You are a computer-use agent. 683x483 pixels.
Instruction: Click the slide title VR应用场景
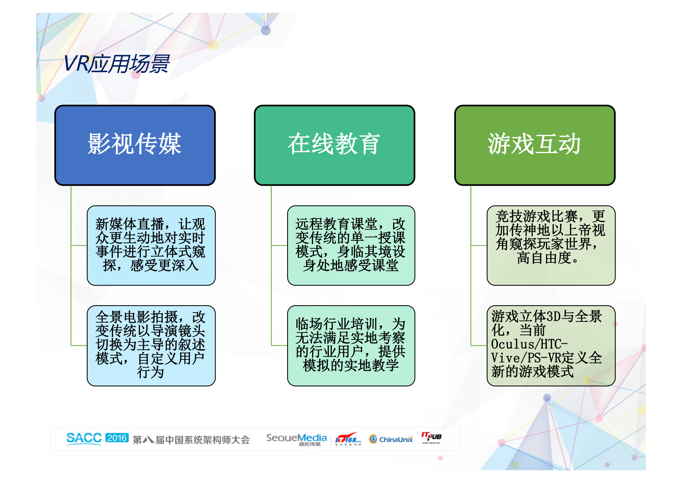pos(116,64)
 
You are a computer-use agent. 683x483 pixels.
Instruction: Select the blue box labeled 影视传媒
pos(135,145)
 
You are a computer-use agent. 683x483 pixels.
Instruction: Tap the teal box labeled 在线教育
pos(334,145)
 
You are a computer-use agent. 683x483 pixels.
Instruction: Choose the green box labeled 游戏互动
pos(535,145)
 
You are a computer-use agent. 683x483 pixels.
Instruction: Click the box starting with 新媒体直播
pos(151,245)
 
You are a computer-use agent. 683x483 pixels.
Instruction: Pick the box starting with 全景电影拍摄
pos(151,345)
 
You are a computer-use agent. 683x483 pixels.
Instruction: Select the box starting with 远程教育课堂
pos(351,245)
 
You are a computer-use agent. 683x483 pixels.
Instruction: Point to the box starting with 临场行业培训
pos(351,345)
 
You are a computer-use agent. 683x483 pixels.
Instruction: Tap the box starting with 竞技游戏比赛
pos(551,245)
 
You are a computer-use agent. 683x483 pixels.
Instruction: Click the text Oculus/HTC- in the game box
pos(529,344)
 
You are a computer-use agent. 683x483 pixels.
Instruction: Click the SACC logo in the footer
pos(84,439)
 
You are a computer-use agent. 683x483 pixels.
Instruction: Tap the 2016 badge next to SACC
pos(117,438)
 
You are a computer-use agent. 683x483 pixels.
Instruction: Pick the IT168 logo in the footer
pos(348,439)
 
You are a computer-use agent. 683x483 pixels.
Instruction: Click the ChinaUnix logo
pos(391,439)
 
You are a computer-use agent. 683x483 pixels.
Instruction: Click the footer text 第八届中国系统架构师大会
pos(191,440)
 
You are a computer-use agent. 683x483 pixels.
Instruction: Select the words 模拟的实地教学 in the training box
pos(350,365)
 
